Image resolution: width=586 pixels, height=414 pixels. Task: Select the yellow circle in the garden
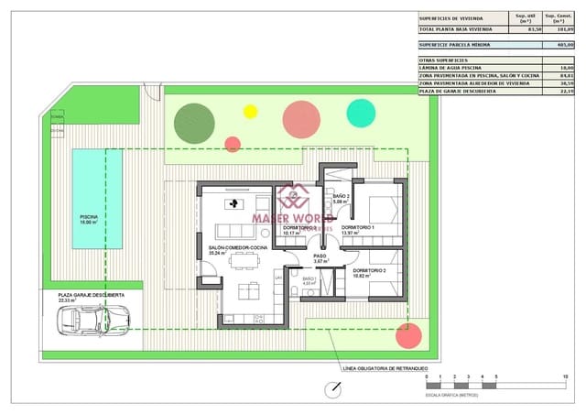tap(250, 112)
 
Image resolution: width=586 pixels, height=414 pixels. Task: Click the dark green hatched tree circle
tap(194, 122)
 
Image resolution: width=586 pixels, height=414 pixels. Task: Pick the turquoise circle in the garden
tap(361, 113)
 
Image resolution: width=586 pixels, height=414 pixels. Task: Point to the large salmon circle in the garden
tap(301, 119)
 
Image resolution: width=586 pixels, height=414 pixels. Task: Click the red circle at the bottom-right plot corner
tap(407, 334)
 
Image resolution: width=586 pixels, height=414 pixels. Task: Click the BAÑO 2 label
tap(341, 197)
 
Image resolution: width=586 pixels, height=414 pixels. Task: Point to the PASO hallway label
tap(320, 256)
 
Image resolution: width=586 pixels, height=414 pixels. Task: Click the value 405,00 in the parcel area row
tap(565, 43)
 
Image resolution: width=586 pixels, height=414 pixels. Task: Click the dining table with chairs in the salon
tap(244, 262)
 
